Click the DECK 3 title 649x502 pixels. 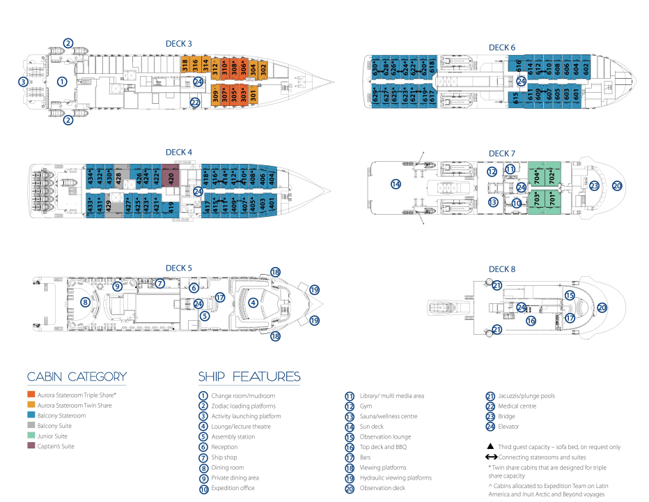pyautogui.click(x=179, y=43)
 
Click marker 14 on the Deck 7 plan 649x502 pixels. pyautogui.click(x=396, y=184)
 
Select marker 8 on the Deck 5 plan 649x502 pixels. pyautogui.click(x=84, y=302)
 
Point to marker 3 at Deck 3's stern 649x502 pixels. pyautogui.click(x=23, y=82)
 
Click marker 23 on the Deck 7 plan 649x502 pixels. pyautogui.click(x=594, y=185)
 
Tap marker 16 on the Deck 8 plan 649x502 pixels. pyautogui.click(x=531, y=321)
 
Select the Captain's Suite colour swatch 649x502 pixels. pyautogui.click(x=31, y=446)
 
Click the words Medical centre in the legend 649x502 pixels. pyautogui.click(x=517, y=406)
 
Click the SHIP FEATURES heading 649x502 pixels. pyautogui.click(x=249, y=377)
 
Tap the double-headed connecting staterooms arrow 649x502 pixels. pyautogui.click(x=491, y=457)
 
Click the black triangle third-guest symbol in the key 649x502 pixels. pyautogui.click(x=491, y=446)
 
